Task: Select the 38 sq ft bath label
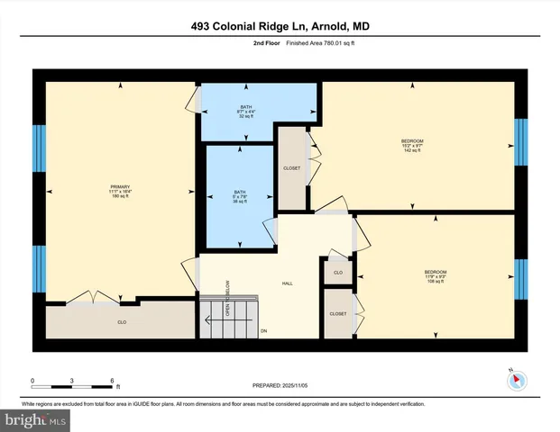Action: point(240,196)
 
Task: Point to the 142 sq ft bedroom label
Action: point(412,145)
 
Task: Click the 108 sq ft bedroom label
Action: point(436,276)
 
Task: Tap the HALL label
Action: point(287,283)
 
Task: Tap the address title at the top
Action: point(280,26)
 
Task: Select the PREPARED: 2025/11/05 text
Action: point(280,385)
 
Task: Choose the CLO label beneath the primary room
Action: point(121,320)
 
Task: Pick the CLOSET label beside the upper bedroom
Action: point(292,168)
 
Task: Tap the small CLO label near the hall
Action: point(337,271)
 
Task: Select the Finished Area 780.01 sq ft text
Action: point(297,42)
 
